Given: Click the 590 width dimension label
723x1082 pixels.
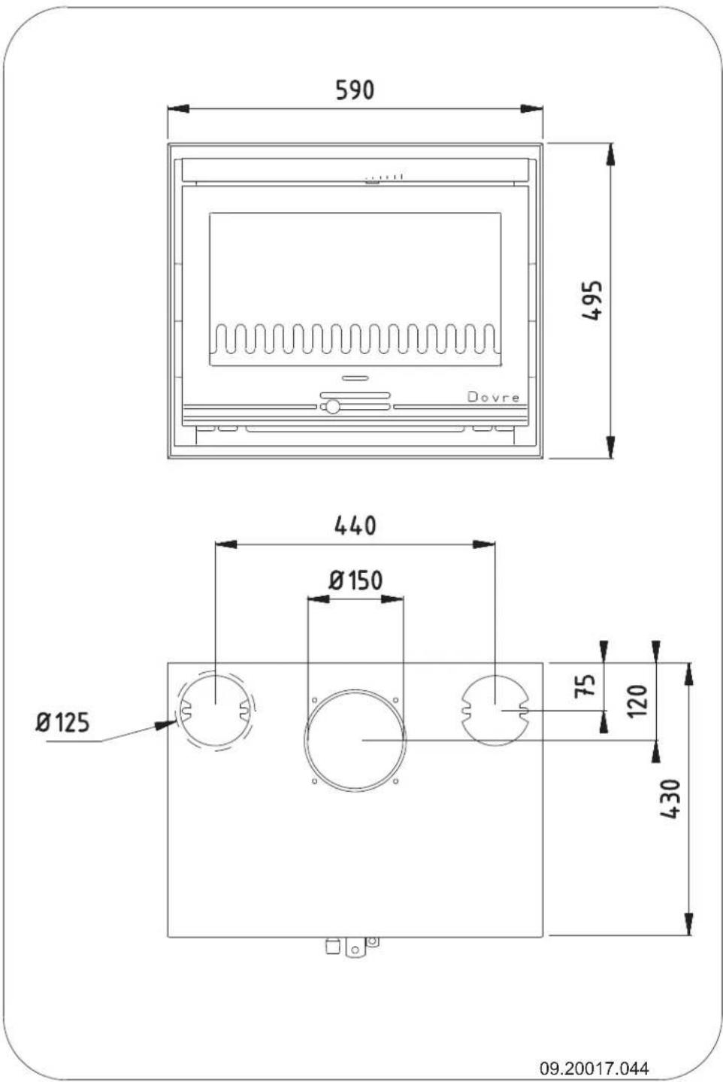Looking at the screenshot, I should click(x=354, y=90).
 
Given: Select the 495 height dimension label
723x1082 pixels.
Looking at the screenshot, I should click(x=593, y=301).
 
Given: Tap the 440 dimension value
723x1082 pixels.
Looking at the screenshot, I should click(x=355, y=525).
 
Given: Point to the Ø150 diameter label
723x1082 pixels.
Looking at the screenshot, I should click(x=355, y=580).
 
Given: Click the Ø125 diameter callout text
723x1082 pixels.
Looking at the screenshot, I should click(x=62, y=723).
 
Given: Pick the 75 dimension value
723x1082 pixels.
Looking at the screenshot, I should click(x=585, y=684).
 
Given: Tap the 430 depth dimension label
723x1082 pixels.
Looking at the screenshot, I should click(x=671, y=799).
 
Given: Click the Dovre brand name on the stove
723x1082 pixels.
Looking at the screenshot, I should click(x=493, y=397).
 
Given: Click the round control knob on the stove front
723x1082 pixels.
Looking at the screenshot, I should click(x=331, y=407).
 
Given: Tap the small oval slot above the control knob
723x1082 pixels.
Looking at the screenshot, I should click(x=354, y=377).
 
